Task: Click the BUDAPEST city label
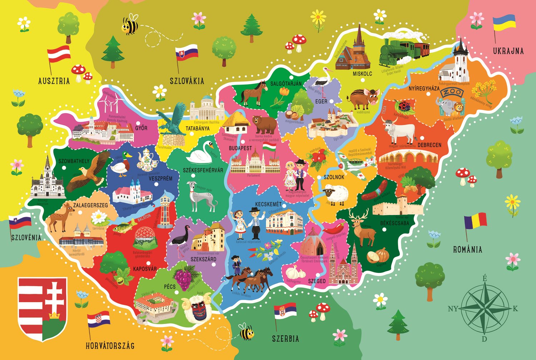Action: point(240,148)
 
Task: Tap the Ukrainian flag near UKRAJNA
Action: point(504,22)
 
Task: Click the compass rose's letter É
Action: point(485,278)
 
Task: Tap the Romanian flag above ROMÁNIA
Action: point(476,220)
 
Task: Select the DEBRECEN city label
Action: point(429,145)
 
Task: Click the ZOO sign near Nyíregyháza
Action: point(452,93)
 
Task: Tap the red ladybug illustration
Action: point(404,106)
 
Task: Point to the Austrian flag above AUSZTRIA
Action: point(59,54)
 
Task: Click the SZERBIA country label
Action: point(285,338)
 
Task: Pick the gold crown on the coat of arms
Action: point(54,315)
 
